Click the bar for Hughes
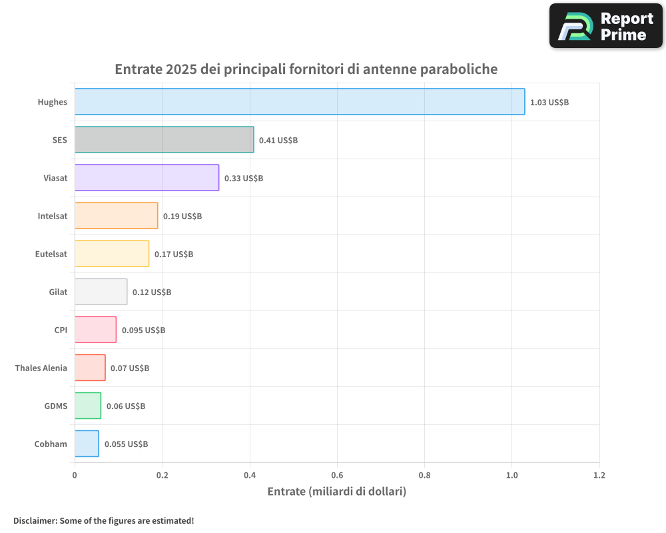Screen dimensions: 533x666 (x=300, y=102)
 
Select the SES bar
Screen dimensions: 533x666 (x=164, y=140)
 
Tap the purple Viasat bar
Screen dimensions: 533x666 (x=147, y=178)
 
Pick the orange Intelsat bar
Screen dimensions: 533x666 (x=116, y=216)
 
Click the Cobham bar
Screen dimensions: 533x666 (x=87, y=444)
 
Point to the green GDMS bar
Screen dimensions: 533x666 (x=88, y=406)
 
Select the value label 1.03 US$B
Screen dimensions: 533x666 (x=549, y=103)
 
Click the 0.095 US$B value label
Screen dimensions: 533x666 (x=143, y=330)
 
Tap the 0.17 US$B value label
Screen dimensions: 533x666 (x=174, y=255)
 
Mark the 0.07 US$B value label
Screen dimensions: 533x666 (x=130, y=368)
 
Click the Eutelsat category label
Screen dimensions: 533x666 (x=51, y=254)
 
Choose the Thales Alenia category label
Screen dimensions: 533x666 (x=41, y=368)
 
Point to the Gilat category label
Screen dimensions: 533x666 (x=58, y=292)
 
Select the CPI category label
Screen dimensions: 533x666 (x=61, y=330)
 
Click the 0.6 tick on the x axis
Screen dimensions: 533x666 (x=337, y=476)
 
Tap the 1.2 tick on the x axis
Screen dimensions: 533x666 (x=599, y=476)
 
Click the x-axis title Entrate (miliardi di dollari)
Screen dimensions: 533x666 (x=336, y=492)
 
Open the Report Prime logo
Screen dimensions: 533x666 (x=605, y=26)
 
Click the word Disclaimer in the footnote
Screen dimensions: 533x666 (x=35, y=520)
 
